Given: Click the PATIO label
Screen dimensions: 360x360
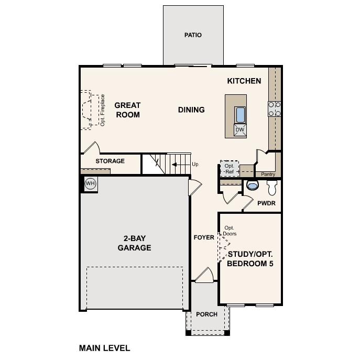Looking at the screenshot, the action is pos(193,35).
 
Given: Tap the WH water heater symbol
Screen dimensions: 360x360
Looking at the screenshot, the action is pos(90,183).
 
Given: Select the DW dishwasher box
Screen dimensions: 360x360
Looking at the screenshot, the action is pos(240,130).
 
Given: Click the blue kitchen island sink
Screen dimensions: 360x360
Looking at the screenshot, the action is pos(240,115).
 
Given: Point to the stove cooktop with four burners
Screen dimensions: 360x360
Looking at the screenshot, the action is pos(275,109).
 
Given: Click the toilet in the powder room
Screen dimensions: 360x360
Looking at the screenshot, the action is pos(272,188).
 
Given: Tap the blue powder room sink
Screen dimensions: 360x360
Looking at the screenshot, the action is pos(253,185).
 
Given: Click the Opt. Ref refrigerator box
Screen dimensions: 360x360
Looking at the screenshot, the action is pos(230,169).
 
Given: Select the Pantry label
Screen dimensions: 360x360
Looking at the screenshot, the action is pos(268,174).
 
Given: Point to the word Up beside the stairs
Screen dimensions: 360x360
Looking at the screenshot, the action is pos(195,164).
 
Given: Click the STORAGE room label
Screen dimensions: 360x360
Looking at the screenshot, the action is pos(110,161).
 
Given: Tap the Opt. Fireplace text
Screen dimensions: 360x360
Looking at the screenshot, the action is pos(102,110).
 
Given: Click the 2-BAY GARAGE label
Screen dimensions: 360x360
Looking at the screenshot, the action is pos(135,243).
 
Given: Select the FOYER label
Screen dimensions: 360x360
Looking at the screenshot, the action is pos(204,237).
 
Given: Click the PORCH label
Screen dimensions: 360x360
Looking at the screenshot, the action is pos(206,314).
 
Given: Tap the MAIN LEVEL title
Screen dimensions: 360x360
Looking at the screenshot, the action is pos(104,348).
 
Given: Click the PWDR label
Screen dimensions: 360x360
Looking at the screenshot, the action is pos(266,203).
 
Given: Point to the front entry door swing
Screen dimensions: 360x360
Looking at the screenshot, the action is pos(205,275).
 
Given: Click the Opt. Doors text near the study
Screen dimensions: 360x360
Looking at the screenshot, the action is pos(230,231).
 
